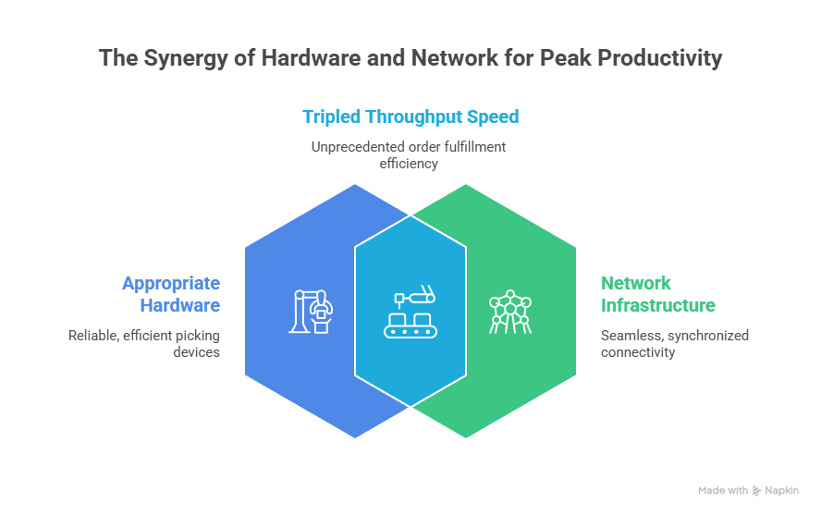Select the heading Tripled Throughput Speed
[x=410, y=117]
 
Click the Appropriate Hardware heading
[x=172, y=294]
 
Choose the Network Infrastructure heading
[x=657, y=294]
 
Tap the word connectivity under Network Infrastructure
[x=638, y=351]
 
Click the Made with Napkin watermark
[x=747, y=491]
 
